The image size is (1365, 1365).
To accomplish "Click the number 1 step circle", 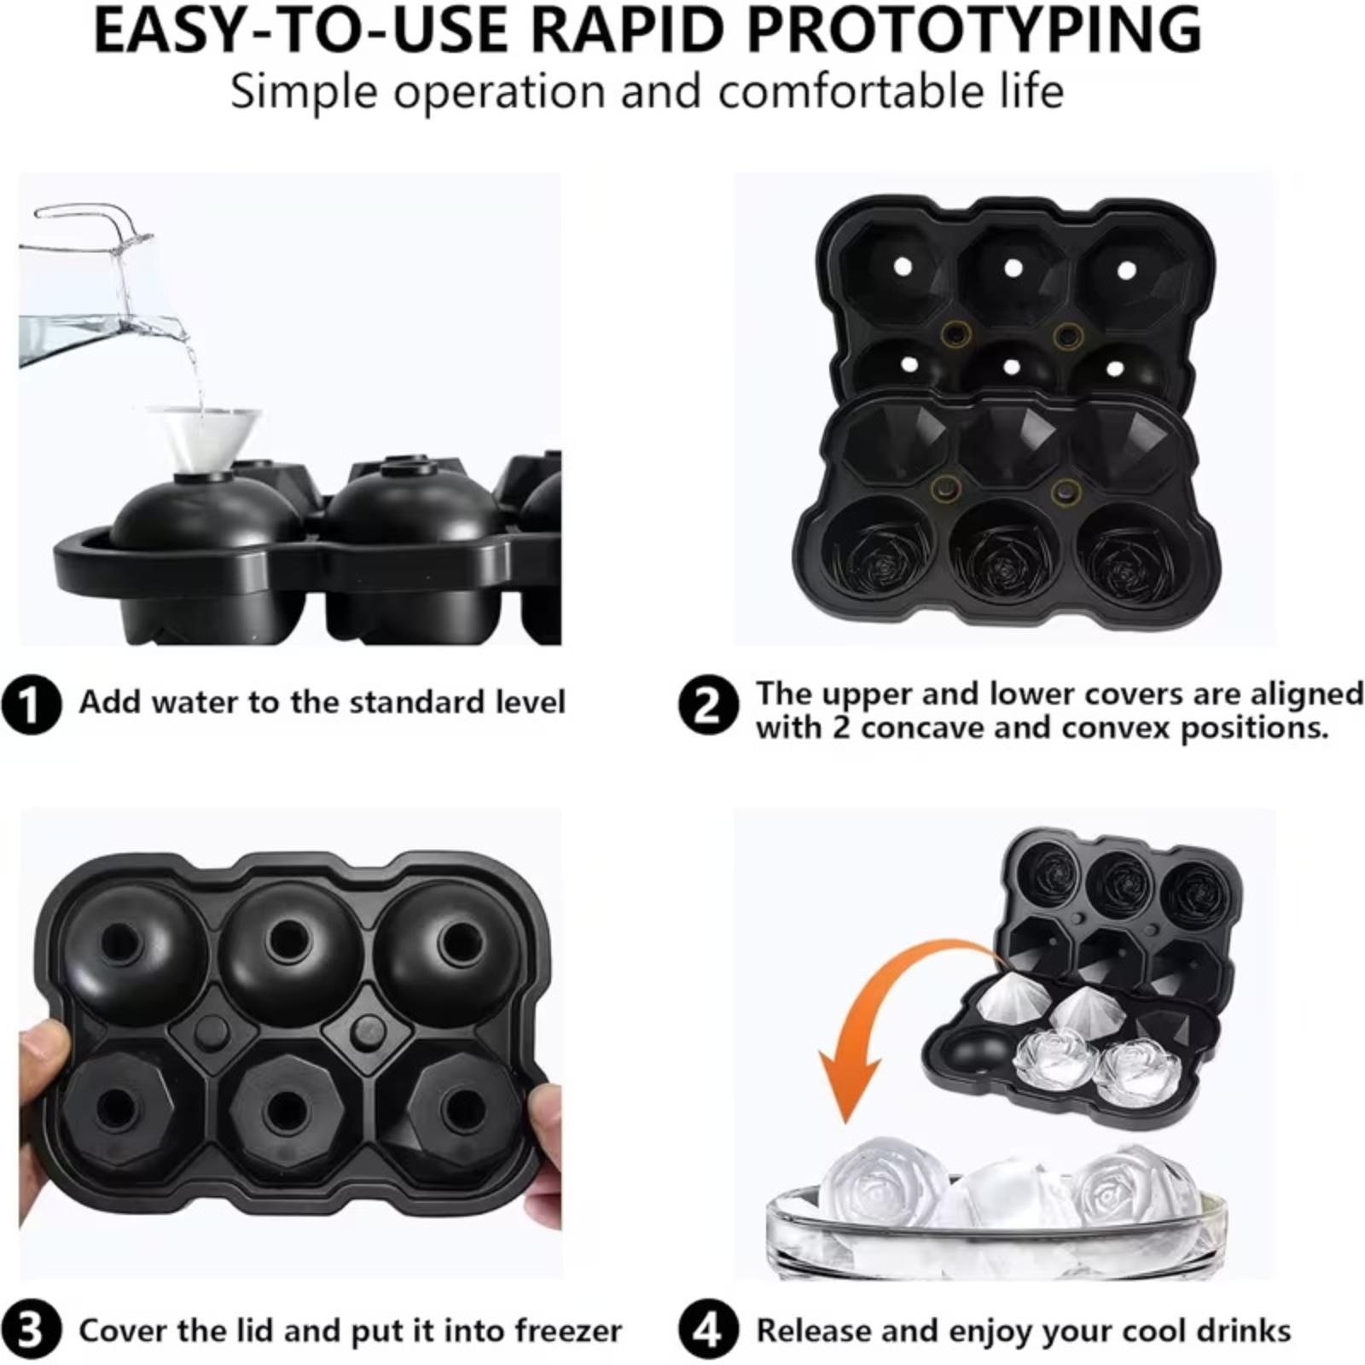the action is point(31,706).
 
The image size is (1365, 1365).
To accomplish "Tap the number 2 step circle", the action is point(707,706).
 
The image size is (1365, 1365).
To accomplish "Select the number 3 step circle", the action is point(31,1330).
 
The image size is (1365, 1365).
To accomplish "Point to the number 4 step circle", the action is point(707,1330).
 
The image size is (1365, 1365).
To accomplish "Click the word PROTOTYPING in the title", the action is point(973,30).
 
